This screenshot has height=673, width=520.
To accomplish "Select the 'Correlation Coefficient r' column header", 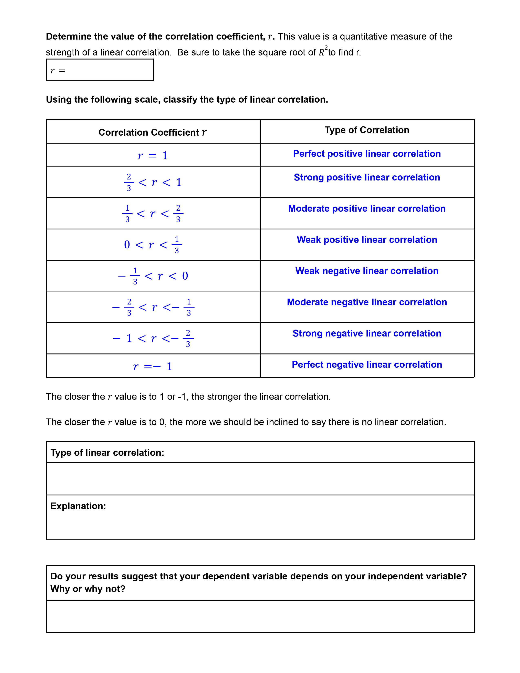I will pos(153,132).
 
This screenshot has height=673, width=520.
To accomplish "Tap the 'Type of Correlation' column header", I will pos(367,130).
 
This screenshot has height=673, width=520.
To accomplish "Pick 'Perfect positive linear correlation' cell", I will pos(367,154).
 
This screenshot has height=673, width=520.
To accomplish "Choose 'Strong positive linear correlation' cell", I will pos(367,177).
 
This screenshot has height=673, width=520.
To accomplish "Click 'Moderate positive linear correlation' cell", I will pos(367,209).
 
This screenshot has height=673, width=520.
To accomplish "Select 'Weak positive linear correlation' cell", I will pos(367,240).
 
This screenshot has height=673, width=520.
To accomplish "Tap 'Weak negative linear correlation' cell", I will pos(367,271).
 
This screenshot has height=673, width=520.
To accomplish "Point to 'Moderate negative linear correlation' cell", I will pos(367,302).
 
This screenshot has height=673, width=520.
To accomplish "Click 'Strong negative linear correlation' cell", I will pos(367,333).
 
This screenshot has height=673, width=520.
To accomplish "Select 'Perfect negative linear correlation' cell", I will pos(367,365).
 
